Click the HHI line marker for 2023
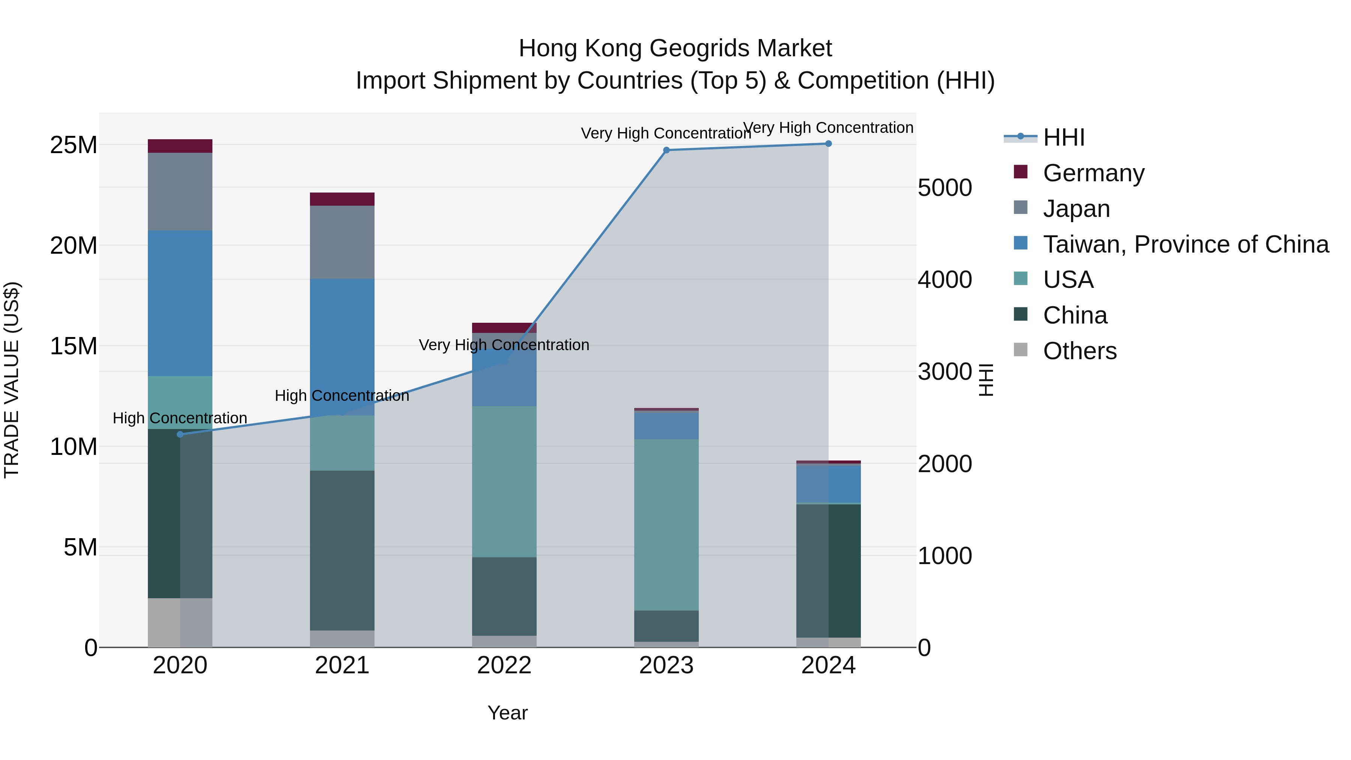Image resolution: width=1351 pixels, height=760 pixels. [x=666, y=150]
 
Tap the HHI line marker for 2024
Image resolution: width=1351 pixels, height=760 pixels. [x=828, y=144]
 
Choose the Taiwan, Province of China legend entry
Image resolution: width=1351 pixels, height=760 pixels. [x=1185, y=244]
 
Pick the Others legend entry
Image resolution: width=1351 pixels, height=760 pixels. [x=1079, y=351]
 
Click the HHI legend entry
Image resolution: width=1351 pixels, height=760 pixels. [x=1063, y=137]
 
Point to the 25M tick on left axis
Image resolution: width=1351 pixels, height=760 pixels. [x=74, y=145]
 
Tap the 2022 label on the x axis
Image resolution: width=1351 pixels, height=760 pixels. [x=504, y=665]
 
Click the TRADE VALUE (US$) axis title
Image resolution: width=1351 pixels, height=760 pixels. [x=12, y=380]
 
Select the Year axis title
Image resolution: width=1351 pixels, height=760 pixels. [x=507, y=713]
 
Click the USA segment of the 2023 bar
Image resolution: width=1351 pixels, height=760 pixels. [x=666, y=525]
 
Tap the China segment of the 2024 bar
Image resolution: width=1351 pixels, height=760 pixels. [x=828, y=570]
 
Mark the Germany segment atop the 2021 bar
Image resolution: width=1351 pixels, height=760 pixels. [x=342, y=199]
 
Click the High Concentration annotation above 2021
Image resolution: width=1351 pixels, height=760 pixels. [x=342, y=396]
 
